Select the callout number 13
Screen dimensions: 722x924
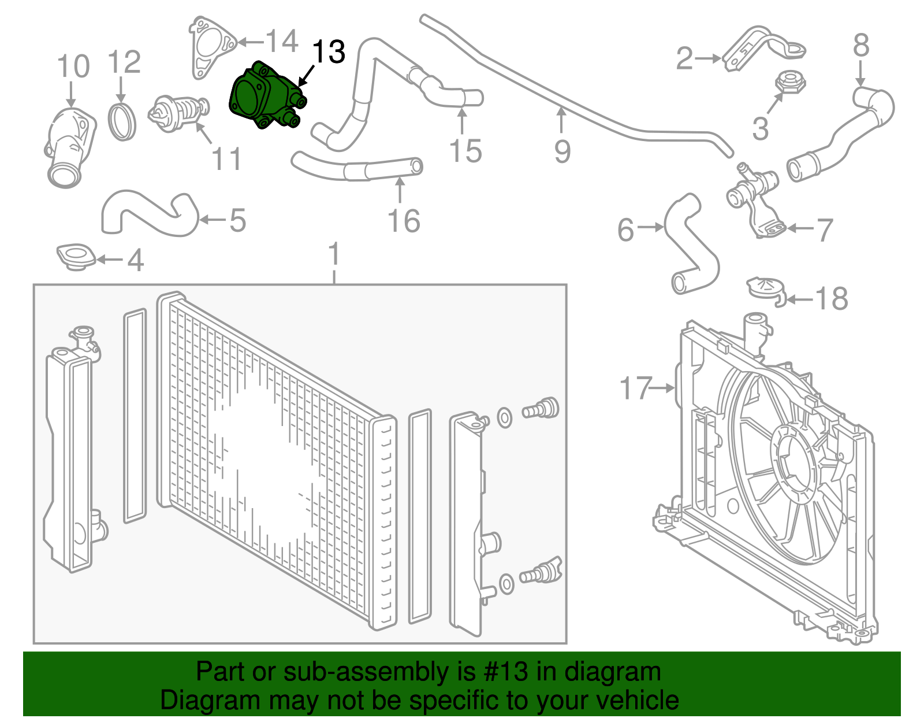pyautogui.click(x=328, y=52)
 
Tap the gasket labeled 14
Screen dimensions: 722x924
pyautogui.click(x=210, y=47)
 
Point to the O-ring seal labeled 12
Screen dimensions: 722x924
pyautogui.click(x=122, y=121)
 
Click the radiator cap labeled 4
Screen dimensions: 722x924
pyautogui.click(x=75, y=257)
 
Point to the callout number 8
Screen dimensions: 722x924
pyautogui.click(x=860, y=45)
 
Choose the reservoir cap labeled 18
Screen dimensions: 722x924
pyautogui.click(x=767, y=289)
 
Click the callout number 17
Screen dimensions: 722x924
pyautogui.click(x=635, y=388)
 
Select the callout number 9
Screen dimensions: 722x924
pyautogui.click(x=562, y=151)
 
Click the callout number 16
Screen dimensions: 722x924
pyautogui.click(x=404, y=221)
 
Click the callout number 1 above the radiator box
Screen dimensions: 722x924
pyautogui.click(x=334, y=255)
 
